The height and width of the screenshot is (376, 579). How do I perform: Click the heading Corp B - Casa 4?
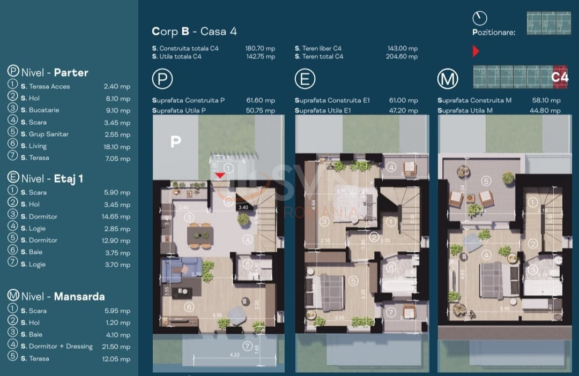(x=194, y=31)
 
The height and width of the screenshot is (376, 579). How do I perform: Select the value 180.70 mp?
(x=260, y=48)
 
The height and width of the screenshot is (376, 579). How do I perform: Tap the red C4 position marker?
(x=560, y=77)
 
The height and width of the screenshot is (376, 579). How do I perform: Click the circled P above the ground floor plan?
(x=162, y=79)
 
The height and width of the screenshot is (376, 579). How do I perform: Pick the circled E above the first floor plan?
(x=305, y=79)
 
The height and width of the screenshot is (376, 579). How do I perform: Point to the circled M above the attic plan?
(x=448, y=79)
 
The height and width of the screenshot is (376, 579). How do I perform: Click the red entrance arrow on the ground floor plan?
(x=219, y=176)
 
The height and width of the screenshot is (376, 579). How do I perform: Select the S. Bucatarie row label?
(x=40, y=110)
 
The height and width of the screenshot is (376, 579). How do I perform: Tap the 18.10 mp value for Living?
(x=117, y=146)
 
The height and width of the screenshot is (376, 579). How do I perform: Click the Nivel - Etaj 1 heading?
(x=52, y=178)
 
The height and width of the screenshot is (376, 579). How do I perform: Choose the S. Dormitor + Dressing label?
(x=56, y=347)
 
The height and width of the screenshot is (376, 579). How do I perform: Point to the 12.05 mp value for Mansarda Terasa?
(x=117, y=359)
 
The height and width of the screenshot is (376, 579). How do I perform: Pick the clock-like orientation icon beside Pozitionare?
(x=480, y=18)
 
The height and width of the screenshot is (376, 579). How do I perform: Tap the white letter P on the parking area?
(x=175, y=141)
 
